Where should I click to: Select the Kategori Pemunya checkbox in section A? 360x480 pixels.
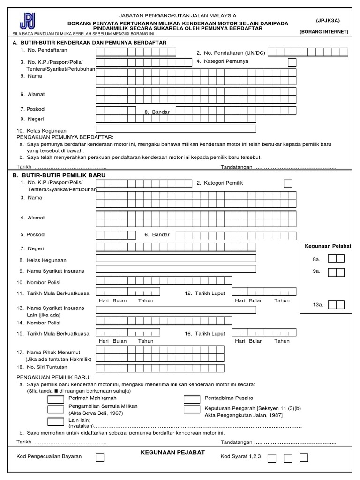[292, 62]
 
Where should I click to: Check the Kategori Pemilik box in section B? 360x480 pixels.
[288, 183]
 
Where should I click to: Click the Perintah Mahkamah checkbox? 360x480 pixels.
[56, 398]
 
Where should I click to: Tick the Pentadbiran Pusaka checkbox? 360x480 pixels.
[192, 398]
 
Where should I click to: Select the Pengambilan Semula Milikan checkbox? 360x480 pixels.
[56, 409]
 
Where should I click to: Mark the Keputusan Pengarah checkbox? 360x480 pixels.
[192, 409]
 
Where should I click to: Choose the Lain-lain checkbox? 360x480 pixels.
[56, 421]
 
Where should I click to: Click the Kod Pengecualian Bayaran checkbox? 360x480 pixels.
[100, 457]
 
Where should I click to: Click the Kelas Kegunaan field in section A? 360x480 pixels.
[176, 128]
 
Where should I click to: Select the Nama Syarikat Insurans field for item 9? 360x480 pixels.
[176, 269]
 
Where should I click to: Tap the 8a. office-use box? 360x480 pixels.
[336, 258]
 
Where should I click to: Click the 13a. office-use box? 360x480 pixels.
[336, 305]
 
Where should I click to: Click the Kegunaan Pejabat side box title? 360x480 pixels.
[328, 246]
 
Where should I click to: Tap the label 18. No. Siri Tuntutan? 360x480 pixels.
[42, 367]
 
